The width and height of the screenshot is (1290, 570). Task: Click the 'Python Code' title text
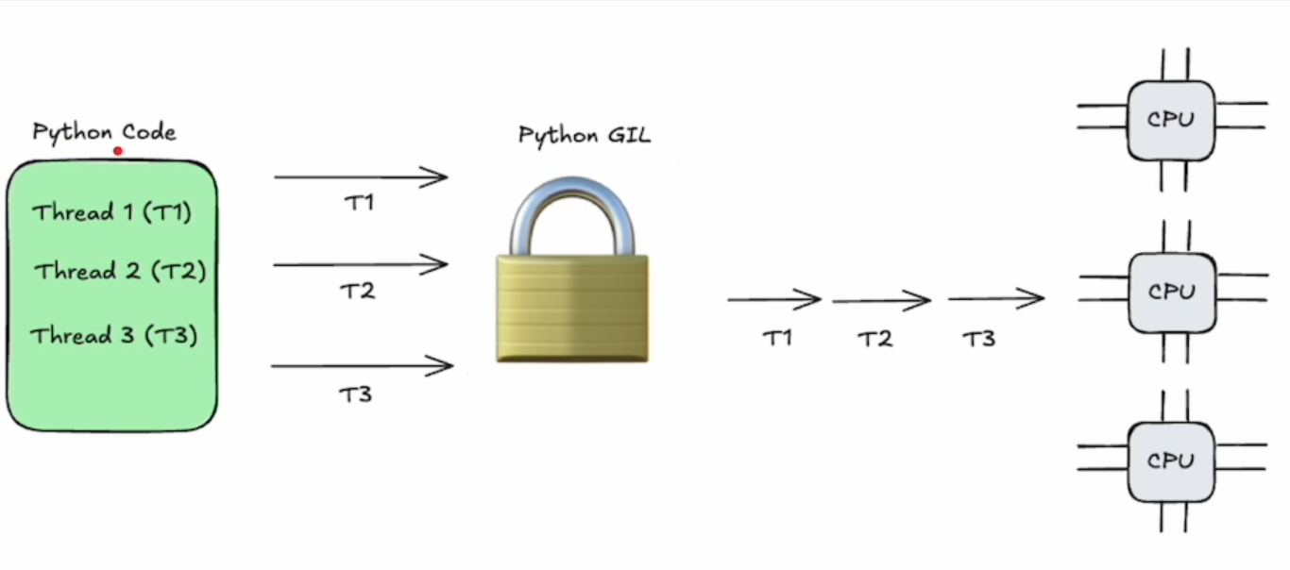click(104, 132)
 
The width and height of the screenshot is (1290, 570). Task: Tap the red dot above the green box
click(118, 151)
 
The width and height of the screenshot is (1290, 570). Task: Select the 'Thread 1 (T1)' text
click(111, 212)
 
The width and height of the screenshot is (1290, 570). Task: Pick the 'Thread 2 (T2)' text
click(120, 271)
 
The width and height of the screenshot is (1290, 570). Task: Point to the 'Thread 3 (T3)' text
click(114, 335)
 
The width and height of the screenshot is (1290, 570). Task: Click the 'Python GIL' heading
click(585, 136)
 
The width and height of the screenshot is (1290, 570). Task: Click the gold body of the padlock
click(572, 309)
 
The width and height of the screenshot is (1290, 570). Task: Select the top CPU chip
click(1171, 121)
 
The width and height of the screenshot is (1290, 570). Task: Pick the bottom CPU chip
click(1171, 461)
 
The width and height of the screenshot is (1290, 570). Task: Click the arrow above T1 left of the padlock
click(361, 176)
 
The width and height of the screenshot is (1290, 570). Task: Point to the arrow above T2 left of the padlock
click(361, 264)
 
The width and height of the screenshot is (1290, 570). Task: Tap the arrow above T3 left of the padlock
click(363, 365)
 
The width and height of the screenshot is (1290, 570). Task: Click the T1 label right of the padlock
click(777, 338)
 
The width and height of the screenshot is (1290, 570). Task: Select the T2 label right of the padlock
click(875, 339)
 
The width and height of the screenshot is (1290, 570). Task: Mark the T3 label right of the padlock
click(979, 339)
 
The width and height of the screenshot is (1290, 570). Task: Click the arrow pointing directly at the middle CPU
click(996, 298)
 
